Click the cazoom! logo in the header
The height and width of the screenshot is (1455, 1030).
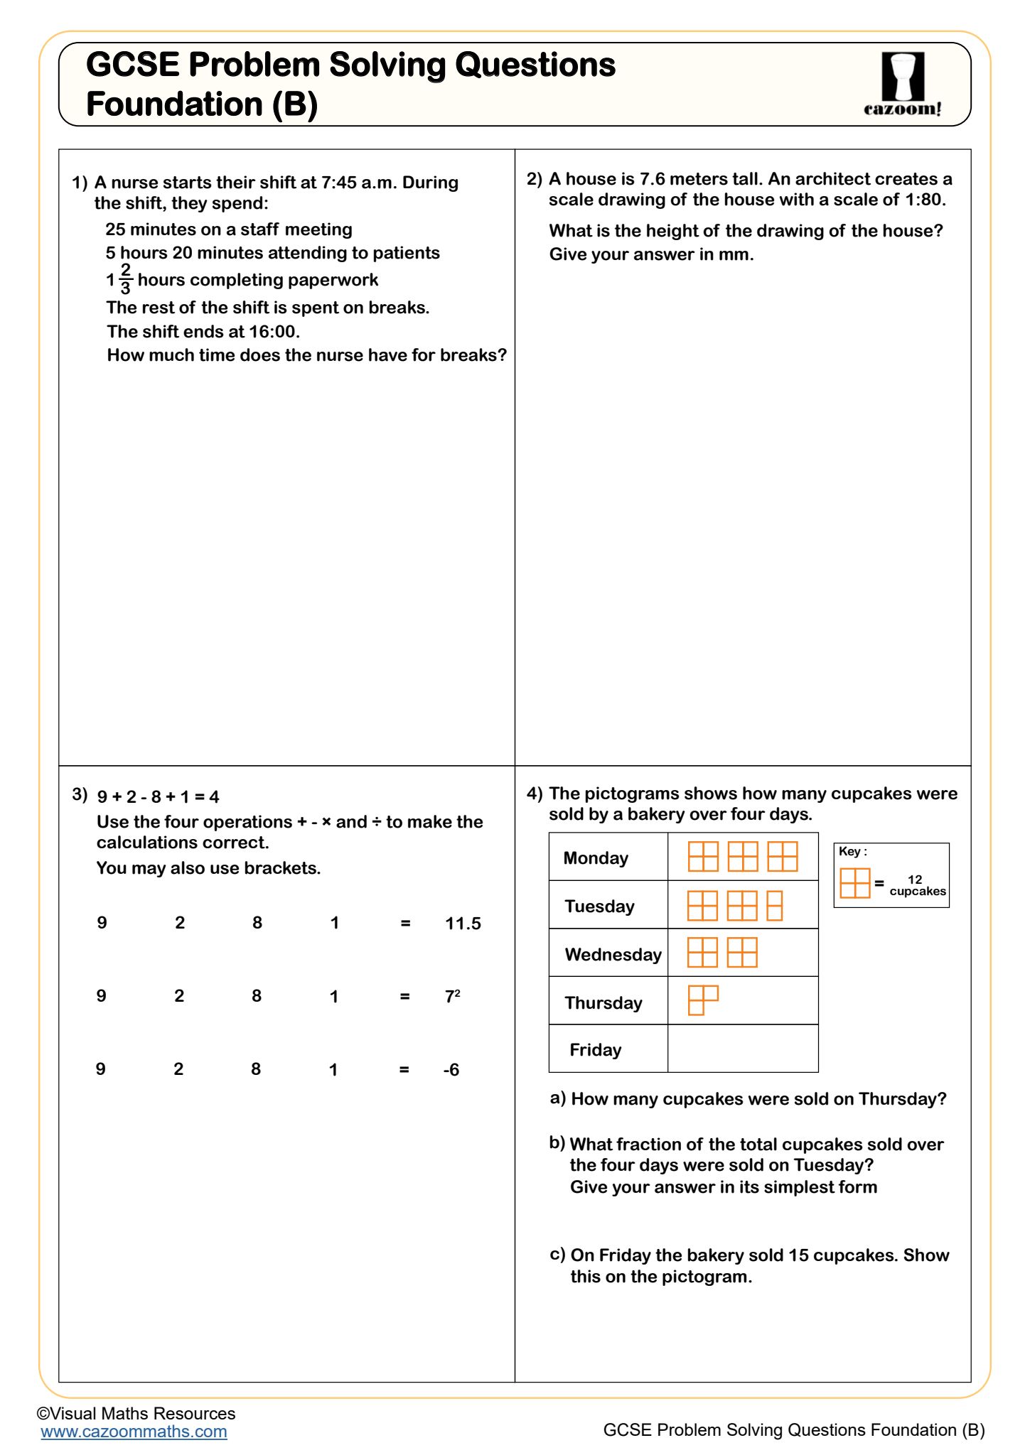(903, 84)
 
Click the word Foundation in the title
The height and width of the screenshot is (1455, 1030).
(175, 104)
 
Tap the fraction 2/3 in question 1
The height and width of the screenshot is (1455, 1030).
(125, 279)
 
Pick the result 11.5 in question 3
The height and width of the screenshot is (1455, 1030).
(463, 924)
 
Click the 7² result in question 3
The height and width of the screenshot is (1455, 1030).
(452, 997)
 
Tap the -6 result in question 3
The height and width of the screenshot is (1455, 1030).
(451, 1070)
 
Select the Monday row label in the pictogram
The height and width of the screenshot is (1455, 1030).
(596, 858)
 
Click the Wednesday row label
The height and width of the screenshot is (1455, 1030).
(613, 955)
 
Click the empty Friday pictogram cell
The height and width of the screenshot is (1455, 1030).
(743, 1049)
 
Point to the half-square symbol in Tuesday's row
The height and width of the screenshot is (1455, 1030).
(775, 906)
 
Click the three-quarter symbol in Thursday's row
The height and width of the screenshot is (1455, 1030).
(703, 1000)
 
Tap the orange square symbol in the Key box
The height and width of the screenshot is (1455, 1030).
(854, 883)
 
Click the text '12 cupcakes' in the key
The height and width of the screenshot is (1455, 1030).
(917, 885)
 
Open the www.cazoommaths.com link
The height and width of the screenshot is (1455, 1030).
(134, 1432)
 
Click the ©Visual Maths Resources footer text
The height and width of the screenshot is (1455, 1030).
(136, 1413)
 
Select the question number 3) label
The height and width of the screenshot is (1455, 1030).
(80, 794)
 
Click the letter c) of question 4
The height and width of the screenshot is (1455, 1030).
(557, 1254)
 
